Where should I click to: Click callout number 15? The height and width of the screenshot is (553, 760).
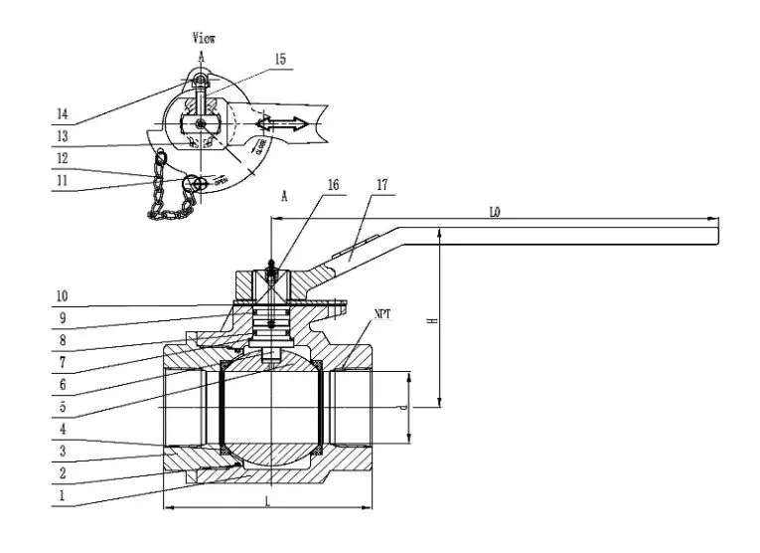(280, 61)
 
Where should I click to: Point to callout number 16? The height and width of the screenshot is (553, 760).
(333, 186)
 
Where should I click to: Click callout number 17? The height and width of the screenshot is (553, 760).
(381, 186)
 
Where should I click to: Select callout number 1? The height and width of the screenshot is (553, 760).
(61, 493)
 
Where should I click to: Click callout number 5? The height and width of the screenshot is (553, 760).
(61, 406)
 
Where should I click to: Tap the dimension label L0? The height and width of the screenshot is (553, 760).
(494, 212)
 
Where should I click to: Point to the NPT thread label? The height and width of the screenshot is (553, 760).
(382, 314)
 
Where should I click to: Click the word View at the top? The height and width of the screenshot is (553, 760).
(204, 38)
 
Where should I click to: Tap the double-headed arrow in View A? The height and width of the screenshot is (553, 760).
(282, 123)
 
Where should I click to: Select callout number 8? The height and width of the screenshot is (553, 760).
(61, 341)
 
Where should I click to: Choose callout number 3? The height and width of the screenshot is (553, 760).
(61, 451)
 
